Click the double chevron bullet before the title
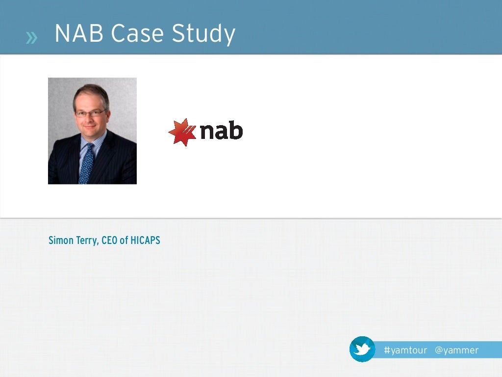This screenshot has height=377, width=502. click(31, 37)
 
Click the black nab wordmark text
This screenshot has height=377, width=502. click(221, 131)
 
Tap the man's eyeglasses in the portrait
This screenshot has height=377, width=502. click(91, 113)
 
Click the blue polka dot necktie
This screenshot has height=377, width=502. click(87, 164)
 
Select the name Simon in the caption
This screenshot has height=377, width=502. click(61, 241)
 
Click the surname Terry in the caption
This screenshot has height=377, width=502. click(87, 241)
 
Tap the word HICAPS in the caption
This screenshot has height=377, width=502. click(145, 241)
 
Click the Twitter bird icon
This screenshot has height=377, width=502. click(362, 349)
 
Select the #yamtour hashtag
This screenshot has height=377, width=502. click(405, 350)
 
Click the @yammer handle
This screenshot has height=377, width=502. click(456, 350)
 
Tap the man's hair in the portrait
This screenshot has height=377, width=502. click(91, 92)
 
